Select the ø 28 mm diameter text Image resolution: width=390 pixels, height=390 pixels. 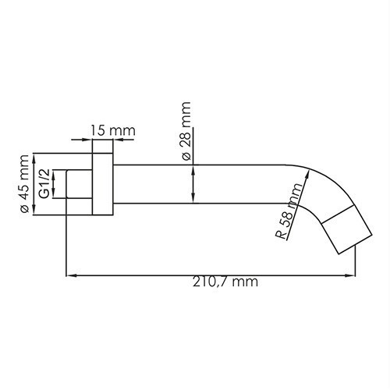click(186, 129)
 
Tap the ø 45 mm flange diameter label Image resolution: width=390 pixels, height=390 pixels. click(26, 184)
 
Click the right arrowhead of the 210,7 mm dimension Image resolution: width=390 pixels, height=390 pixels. click(351, 275)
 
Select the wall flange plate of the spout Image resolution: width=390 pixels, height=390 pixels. click(101, 184)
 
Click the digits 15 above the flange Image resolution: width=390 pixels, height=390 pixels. click(97, 130)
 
